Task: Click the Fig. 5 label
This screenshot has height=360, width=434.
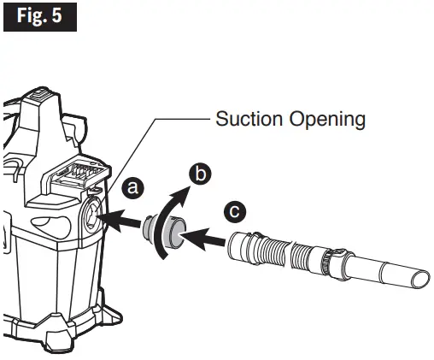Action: tap(40, 16)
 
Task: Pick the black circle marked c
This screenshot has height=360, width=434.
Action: tap(236, 210)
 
